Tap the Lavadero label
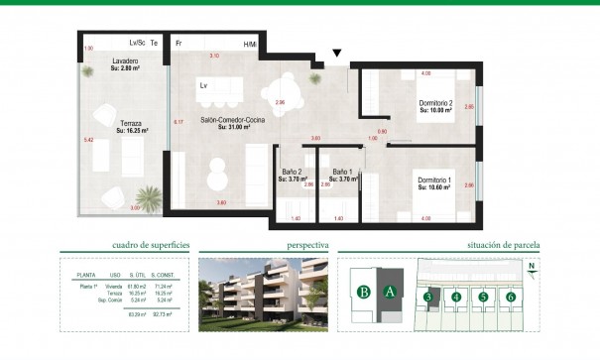125,62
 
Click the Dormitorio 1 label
434,180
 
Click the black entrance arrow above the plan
337,53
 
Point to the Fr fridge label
179,45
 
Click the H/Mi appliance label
250,45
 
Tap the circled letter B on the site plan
364,292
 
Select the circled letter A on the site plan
390,292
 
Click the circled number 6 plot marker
511,296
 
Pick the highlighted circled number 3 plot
427,296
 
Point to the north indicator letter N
532,266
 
